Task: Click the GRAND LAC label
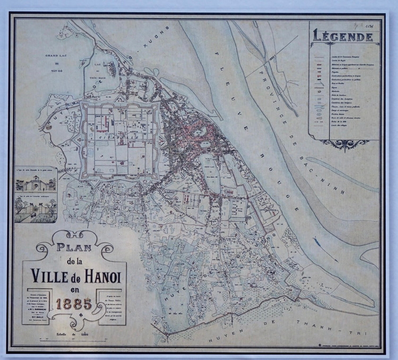pos(55,55)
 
